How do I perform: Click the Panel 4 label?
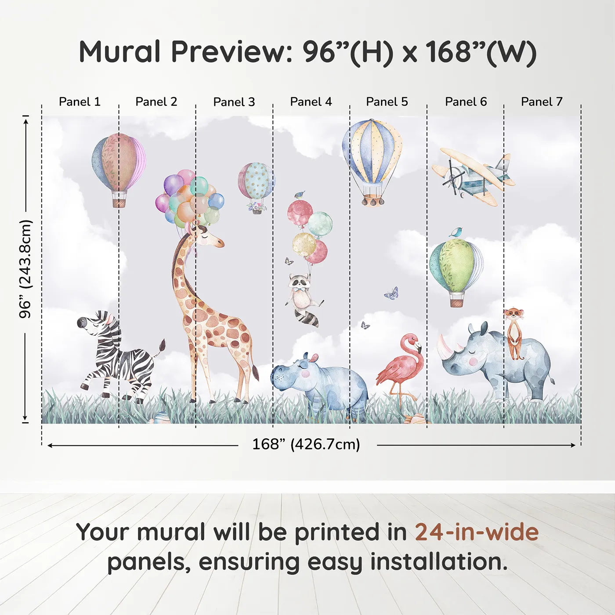point(311,102)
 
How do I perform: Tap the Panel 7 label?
point(541,102)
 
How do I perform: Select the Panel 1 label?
point(80,102)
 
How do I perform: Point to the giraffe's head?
point(207,238)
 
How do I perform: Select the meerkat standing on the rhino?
point(514,332)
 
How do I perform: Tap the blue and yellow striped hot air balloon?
point(373,154)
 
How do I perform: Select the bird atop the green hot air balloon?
point(456,232)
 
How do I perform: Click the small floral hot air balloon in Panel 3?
point(256,184)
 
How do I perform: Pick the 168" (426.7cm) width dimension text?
point(306,445)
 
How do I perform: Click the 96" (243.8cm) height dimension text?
point(25,269)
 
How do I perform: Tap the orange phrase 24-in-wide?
point(477,532)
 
